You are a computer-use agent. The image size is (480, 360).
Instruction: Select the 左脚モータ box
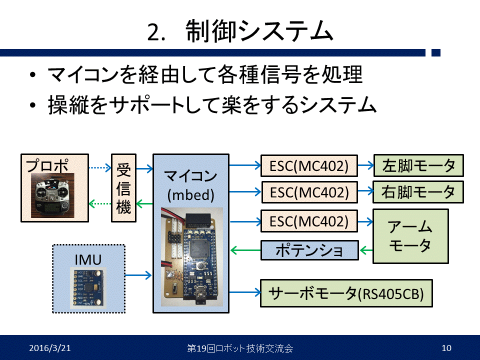point(418,165)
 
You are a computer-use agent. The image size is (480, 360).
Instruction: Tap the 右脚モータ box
point(418,191)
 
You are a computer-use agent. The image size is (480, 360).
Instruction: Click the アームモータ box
point(410,236)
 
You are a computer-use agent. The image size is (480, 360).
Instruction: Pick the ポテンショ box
point(309,250)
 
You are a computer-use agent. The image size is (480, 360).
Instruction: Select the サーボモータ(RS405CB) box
point(346,293)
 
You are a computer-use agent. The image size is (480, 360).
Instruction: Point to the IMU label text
point(88,259)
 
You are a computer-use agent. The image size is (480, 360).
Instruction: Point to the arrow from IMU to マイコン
point(138,274)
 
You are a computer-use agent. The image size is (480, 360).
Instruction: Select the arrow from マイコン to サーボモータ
point(244,293)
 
